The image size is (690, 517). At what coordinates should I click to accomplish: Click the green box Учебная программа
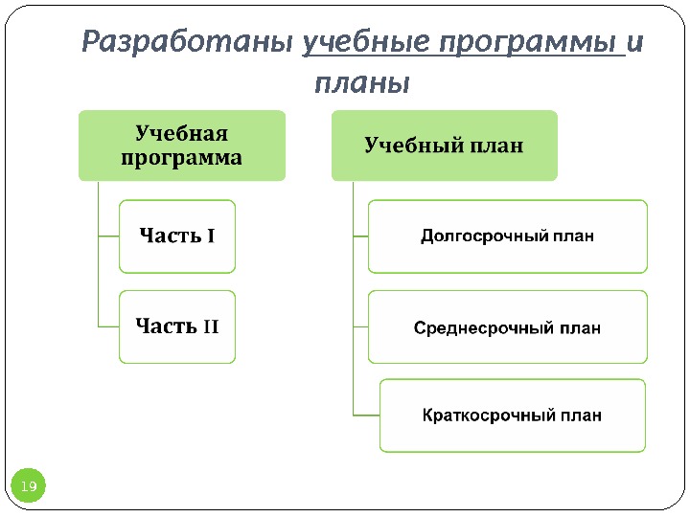click(182, 145)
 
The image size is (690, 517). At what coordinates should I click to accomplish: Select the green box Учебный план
click(444, 146)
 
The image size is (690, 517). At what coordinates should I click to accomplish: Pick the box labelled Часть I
click(177, 236)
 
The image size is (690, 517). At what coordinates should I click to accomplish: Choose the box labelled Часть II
click(177, 326)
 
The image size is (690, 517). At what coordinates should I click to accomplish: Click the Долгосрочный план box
click(507, 236)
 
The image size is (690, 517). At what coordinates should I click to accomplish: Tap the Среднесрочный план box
click(507, 327)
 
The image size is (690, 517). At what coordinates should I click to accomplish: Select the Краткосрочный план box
click(512, 416)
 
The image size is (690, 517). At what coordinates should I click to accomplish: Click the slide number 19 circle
click(29, 487)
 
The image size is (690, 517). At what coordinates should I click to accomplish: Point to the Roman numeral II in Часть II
click(211, 327)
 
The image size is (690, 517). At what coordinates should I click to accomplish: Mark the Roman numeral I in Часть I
click(211, 236)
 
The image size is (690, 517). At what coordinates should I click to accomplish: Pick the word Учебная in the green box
click(182, 133)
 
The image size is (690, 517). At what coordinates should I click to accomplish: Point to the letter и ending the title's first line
click(634, 43)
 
